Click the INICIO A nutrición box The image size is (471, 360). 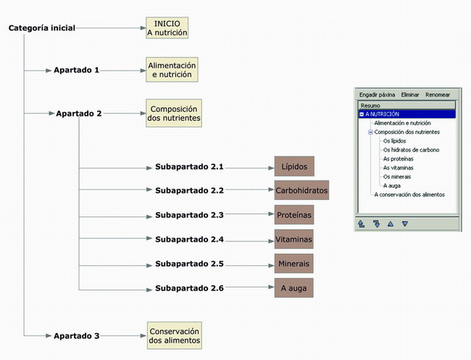(x=167, y=28)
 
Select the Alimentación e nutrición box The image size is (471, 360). (x=172, y=70)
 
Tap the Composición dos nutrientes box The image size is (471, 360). (x=174, y=114)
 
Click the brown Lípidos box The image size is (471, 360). (x=293, y=167)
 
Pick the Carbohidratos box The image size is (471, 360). (x=301, y=191)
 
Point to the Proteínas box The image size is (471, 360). (x=294, y=215)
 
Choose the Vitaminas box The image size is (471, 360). (x=294, y=239)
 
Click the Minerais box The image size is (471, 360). (x=294, y=264)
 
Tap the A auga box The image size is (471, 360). (x=294, y=288)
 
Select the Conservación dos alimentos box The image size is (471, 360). (x=174, y=335)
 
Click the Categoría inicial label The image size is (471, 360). (x=42, y=28)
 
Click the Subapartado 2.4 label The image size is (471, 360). (x=189, y=239)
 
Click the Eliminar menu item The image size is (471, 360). (x=409, y=94)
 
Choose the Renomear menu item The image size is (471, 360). (x=438, y=94)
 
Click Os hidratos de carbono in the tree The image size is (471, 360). (x=411, y=150)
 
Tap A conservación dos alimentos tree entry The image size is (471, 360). (x=409, y=194)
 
